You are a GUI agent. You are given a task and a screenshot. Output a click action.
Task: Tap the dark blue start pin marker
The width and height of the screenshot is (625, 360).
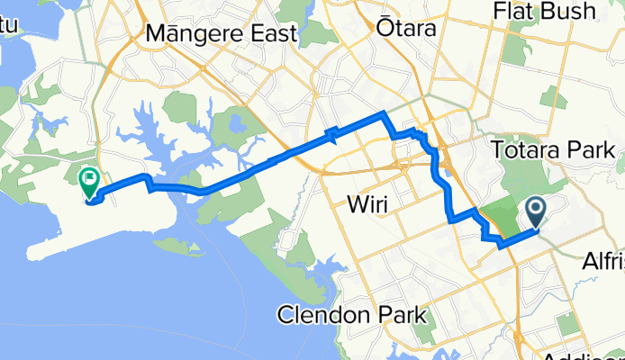pos(535,212)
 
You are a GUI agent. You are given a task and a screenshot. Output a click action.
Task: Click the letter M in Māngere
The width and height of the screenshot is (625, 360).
pos(156,34)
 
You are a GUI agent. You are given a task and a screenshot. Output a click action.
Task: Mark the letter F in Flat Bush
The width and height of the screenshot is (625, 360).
pos(501,11)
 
